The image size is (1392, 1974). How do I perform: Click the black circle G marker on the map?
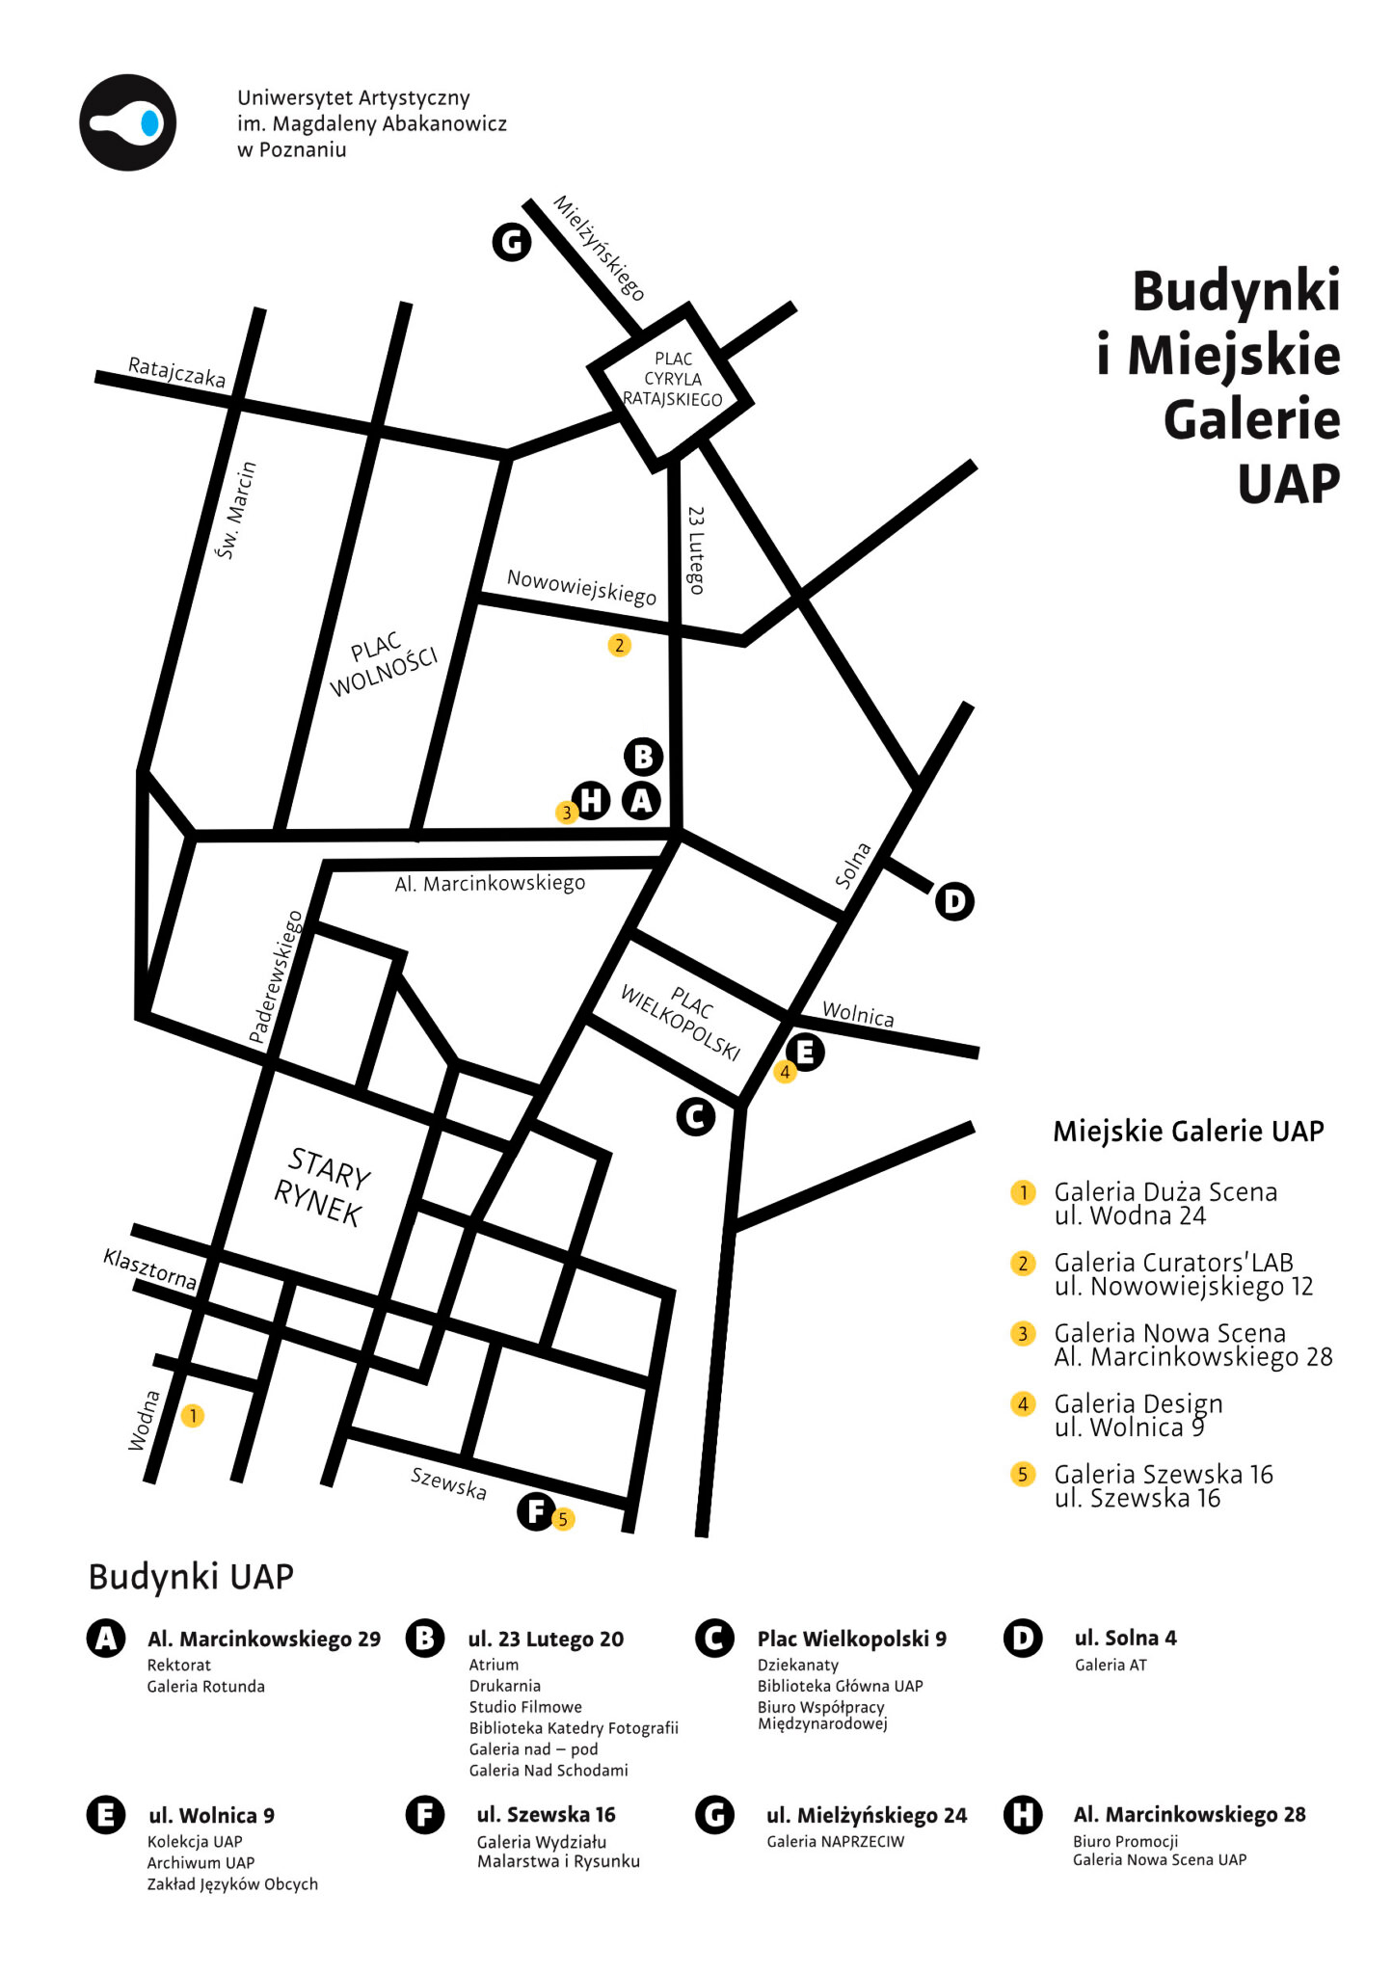[512, 242]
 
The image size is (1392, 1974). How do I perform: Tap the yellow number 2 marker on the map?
[620, 645]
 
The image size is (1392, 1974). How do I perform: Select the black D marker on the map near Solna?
[954, 901]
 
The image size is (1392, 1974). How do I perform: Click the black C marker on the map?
[695, 1117]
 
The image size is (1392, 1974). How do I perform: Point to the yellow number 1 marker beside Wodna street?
[193, 1415]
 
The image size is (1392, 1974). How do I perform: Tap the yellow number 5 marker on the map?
[563, 1519]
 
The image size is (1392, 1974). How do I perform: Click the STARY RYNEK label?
[321, 1187]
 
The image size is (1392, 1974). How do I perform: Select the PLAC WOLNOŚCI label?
[382, 663]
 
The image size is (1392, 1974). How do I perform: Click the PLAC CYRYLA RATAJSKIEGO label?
[673, 379]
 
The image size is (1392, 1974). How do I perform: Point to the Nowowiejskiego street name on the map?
[581, 586]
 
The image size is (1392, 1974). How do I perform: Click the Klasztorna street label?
[150, 1269]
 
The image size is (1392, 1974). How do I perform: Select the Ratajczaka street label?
[177, 372]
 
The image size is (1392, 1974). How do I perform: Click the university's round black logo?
[127, 122]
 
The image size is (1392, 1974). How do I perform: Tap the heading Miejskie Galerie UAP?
[1188, 1131]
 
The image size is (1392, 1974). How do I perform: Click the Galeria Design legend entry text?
[1138, 1403]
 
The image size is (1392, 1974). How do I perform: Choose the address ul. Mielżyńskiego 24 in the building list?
[866, 1815]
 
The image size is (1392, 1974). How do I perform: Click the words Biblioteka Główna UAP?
[840, 1686]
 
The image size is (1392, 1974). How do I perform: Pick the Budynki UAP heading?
[191, 1577]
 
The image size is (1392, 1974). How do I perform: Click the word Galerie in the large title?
[1251, 419]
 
